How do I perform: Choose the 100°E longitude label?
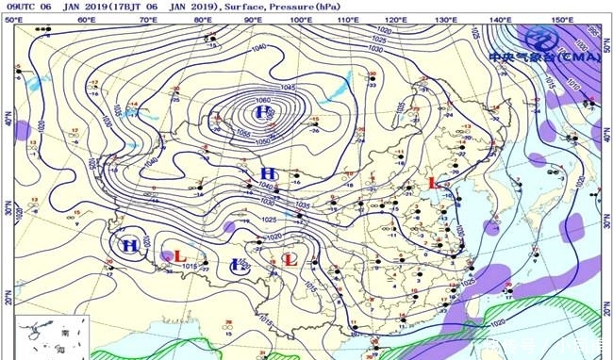301,19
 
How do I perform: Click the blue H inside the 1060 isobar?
262,113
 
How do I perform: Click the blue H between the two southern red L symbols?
240,267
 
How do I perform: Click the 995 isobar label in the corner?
592,27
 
